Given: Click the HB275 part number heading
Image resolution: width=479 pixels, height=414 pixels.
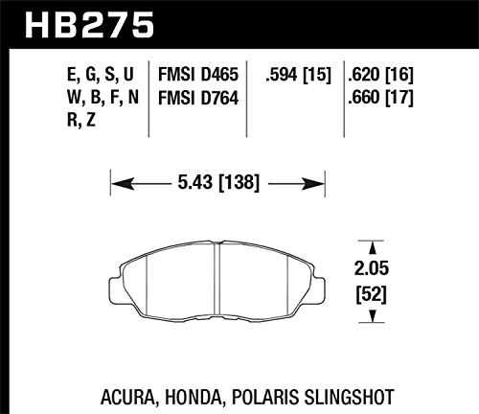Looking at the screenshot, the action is (89, 25).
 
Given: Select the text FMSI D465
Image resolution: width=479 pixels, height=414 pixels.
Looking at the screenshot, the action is (198, 75).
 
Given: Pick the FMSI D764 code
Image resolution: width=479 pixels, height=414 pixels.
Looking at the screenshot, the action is (198, 98).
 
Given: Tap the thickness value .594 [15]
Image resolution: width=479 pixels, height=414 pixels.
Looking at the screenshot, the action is (298, 75).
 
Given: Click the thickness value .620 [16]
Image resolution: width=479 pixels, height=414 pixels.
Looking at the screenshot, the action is (380, 75).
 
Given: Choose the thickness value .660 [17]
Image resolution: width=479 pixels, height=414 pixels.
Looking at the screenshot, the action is (380, 98).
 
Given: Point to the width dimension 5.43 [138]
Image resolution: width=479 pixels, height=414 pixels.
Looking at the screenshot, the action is (218, 183).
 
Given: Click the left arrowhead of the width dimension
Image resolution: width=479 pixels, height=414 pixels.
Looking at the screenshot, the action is (123, 184).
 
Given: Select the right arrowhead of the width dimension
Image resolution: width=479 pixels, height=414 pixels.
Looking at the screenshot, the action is (313, 184).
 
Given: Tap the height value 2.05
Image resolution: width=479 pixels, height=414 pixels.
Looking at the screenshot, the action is (372, 268).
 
